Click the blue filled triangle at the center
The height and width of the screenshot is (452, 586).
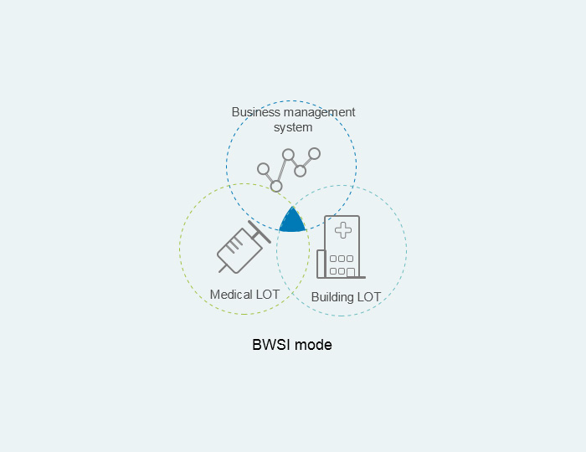292,222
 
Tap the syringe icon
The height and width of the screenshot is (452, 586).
244,247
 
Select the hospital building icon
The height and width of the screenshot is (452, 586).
341,247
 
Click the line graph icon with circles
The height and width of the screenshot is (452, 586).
289,170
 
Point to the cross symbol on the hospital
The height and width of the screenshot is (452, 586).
343,230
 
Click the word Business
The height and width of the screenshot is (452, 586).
256,112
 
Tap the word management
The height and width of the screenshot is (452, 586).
319,112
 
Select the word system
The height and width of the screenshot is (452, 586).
293,127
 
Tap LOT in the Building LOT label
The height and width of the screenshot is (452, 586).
369,297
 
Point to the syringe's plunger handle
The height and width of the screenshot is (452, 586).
260,232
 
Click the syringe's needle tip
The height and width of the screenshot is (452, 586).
219,271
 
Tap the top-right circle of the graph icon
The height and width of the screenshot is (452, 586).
314,153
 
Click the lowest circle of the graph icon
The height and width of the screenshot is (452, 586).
276,186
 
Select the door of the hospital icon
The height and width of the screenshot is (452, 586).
350,273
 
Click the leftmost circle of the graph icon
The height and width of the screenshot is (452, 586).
263,169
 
